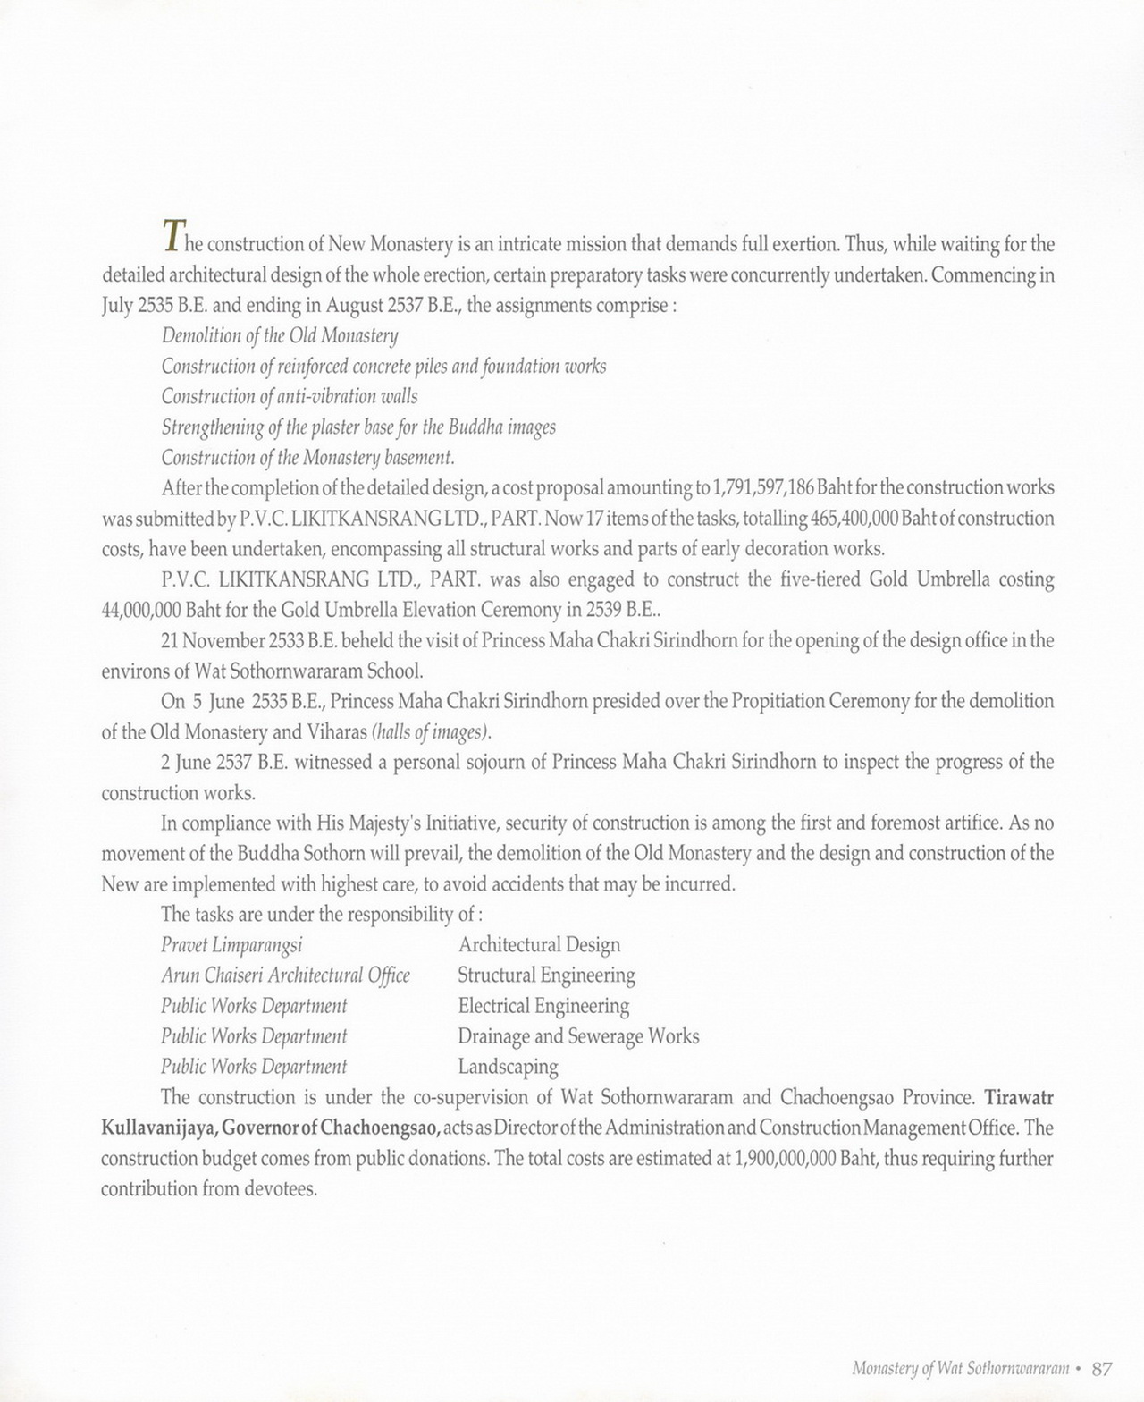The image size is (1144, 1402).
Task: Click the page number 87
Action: [1101, 1369]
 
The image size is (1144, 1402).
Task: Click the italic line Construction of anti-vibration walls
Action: [289, 396]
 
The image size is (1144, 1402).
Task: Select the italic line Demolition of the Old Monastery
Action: [279, 335]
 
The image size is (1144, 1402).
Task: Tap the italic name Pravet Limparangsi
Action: [231, 945]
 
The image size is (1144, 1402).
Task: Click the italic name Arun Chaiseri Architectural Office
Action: [285, 975]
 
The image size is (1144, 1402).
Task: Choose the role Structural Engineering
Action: [546, 975]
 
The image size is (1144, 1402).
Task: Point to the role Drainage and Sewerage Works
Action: [578, 1036]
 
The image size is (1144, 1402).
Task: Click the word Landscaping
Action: [508, 1067]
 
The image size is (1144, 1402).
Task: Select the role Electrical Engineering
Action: [543, 1006]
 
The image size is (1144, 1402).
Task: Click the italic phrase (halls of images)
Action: [431, 732]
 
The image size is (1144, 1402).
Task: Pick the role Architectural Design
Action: [539, 945]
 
